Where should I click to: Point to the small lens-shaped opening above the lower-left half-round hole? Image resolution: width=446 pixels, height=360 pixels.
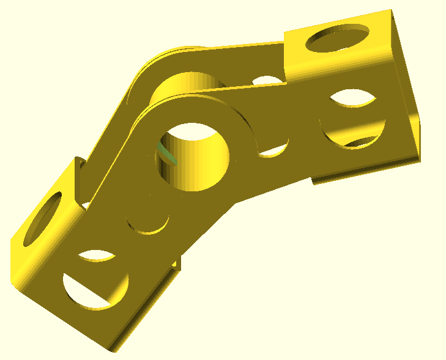(97, 256)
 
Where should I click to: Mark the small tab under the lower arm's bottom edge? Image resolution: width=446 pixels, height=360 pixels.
(177, 263)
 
